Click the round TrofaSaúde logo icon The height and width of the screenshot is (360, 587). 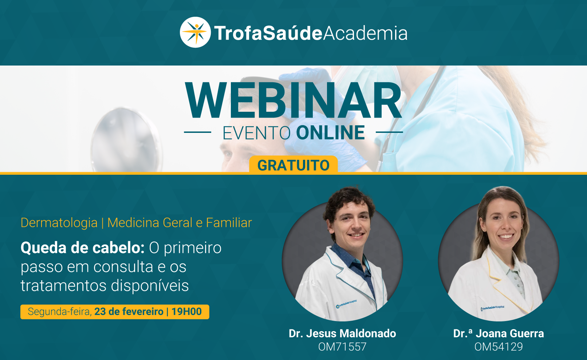195,32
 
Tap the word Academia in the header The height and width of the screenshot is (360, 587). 365,33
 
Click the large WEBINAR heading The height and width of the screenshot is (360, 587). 293,100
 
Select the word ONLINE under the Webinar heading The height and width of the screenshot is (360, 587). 330,132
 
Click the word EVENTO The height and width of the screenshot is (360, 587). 257,133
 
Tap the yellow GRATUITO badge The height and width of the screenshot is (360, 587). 293,165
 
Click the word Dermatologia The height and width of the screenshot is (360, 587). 59,223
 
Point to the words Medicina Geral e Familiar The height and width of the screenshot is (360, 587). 180,223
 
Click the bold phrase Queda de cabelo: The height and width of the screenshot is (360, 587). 83,248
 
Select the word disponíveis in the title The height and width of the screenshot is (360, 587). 150,285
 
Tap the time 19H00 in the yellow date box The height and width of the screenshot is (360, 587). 186,312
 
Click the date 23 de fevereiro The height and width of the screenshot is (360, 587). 129,312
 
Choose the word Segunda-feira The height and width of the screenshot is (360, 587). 59,312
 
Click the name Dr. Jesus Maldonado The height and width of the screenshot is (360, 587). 342,333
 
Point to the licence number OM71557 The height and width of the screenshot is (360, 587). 342,347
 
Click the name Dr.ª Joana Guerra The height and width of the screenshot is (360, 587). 499,333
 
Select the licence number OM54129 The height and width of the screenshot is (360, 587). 499,347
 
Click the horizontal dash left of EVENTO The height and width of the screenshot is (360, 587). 198,132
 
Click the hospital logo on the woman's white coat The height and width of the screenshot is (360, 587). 492,308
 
